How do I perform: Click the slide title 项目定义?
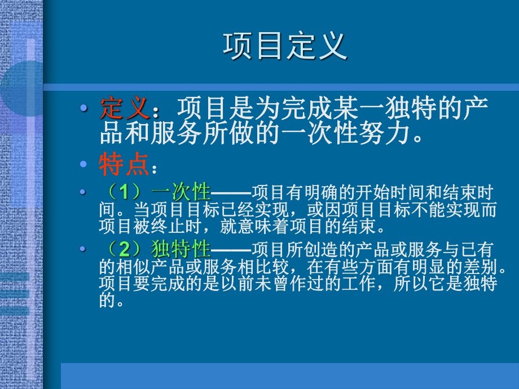(x=285, y=46)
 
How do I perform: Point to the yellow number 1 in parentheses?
(x=124, y=193)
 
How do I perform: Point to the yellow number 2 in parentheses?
(x=124, y=249)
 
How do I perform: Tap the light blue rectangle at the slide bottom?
(x=289, y=375)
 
